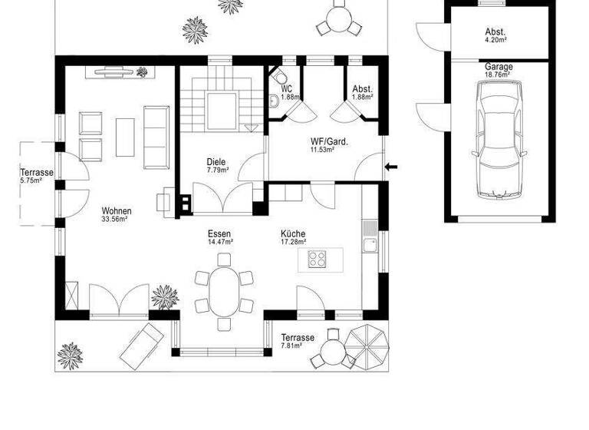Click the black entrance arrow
point(392,166)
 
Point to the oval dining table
point(224,291)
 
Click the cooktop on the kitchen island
point(318,258)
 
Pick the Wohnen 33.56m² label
point(116,215)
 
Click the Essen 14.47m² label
point(219,238)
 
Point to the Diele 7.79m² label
point(217,166)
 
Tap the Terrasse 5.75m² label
point(36,177)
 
